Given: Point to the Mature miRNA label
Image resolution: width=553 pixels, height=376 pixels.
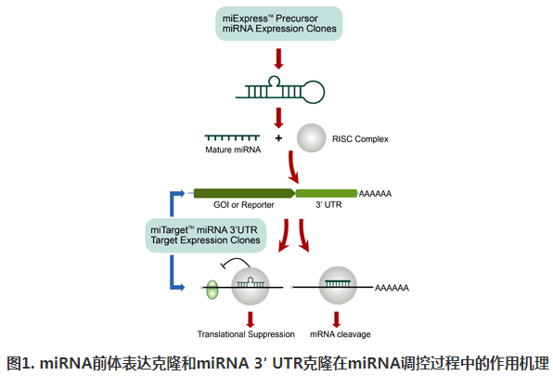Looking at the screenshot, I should [x=233, y=149].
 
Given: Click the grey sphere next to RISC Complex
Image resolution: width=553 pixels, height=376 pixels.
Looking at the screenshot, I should [x=311, y=139].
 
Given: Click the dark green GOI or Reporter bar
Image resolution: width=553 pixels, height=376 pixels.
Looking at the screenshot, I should [x=242, y=193].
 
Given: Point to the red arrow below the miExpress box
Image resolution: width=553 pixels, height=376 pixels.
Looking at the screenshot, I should [x=278, y=58].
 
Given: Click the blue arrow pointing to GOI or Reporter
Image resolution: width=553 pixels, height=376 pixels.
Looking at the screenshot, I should [x=181, y=193].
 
